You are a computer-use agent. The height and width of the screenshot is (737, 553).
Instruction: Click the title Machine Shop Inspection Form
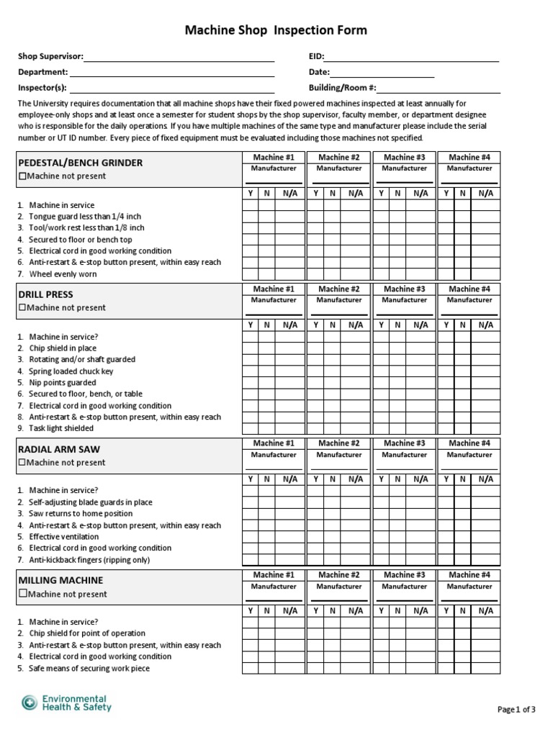tap(276, 30)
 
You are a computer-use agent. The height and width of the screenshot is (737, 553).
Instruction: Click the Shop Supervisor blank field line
tap(179, 59)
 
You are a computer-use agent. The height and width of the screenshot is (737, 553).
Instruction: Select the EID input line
tap(412, 59)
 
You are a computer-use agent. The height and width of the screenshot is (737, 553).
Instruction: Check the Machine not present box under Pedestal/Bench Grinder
tap(22, 176)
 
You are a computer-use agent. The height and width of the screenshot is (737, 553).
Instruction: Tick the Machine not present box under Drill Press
tap(22, 308)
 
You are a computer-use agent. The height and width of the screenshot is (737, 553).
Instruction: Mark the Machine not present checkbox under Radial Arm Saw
tap(22, 463)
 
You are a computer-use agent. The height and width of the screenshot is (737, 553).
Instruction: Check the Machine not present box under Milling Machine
tap(22, 594)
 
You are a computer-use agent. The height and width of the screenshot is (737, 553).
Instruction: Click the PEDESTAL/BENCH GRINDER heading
tap(80, 163)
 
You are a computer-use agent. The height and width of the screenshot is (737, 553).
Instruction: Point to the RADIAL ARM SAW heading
tap(59, 449)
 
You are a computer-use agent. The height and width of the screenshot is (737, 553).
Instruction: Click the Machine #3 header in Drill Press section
tap(404, 289)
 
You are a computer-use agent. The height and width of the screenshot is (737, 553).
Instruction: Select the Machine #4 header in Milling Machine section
tap(469, 575)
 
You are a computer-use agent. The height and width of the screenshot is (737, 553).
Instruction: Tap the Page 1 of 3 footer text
tap(516, 710)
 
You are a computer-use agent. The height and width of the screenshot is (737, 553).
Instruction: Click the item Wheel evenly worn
tap(63, 274)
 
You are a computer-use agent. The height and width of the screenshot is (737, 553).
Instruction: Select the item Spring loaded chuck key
tap(71, 371)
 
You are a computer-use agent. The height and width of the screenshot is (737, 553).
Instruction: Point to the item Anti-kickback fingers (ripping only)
tap(89, 560)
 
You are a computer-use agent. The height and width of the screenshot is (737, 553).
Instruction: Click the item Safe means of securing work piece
tap(89, 669)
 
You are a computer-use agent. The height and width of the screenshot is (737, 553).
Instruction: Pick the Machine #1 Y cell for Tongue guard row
tap(250, 217)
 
